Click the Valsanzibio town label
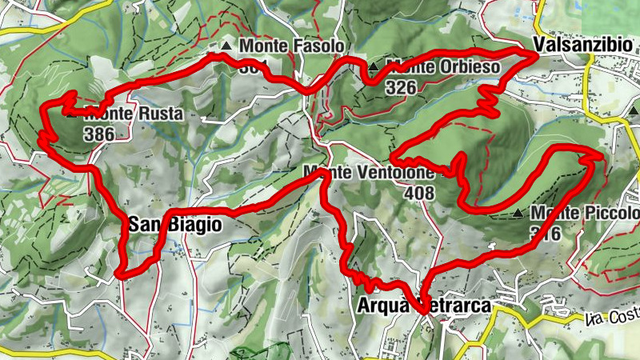tap(583, 45)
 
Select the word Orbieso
tap(470, 67)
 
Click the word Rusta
tap(161, 114)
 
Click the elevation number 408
tap(419, 193)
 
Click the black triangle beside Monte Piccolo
tap(518, 214)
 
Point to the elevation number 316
tap(545, 233)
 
